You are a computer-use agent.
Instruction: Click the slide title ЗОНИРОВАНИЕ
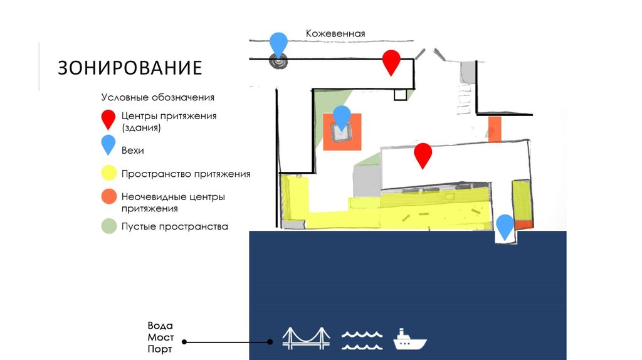tap(130, 67)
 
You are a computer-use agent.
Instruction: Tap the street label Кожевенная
tap(335, 34)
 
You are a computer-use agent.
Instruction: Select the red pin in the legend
tap(108, 119)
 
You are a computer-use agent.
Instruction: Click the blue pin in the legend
tap(108, 144)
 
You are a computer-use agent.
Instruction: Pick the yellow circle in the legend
tap(109, 174)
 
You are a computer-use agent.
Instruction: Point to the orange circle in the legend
tap(109, 197)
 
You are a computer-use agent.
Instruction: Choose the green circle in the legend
tap(109, 226)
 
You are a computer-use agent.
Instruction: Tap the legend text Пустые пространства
tap(174, 226)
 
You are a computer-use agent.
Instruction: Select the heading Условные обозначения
tap(158, 98)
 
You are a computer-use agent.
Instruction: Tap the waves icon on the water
tap(362, 339)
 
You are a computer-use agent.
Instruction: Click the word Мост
tap(160, 337)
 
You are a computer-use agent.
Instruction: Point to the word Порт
tap(160, 349)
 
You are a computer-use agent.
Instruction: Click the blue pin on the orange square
tap(342, 117)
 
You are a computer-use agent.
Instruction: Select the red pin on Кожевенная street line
tap(391, 61)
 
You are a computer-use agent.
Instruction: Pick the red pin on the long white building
tap(423, 154)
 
